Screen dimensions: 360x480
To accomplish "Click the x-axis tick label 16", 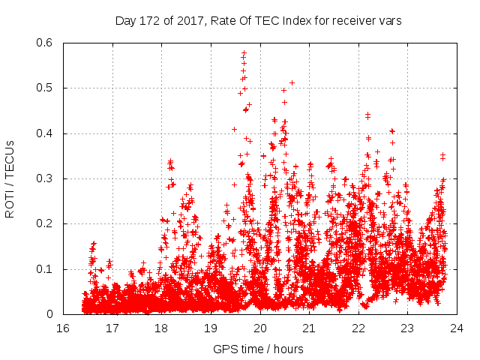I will point(63,328).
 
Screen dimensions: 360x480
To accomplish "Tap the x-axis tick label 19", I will point(211,328).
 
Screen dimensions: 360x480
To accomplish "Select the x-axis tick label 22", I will point(358,328).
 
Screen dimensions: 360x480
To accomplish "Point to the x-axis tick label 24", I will point(457,328).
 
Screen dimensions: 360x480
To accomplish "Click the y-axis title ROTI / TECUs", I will point(10,178).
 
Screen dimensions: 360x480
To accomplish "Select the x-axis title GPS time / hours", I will point(259,349).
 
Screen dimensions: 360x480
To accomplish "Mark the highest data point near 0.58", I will point(244,52).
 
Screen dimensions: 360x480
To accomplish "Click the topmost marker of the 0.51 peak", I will point(292,82).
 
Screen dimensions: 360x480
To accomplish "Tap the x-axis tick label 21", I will point(309,328).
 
